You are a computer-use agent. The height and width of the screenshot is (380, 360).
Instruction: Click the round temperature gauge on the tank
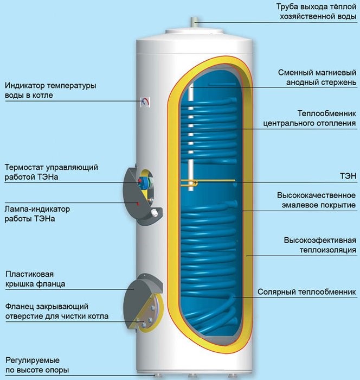[145, 101]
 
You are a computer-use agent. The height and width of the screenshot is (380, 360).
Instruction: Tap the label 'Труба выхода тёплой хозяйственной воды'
[316, 11]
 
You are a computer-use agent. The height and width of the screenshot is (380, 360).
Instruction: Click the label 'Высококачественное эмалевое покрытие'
[316, 199]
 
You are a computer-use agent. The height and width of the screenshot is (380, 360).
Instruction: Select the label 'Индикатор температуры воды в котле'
[50, 91]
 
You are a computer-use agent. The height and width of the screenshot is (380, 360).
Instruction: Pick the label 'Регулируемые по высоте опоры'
[40, 365]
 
